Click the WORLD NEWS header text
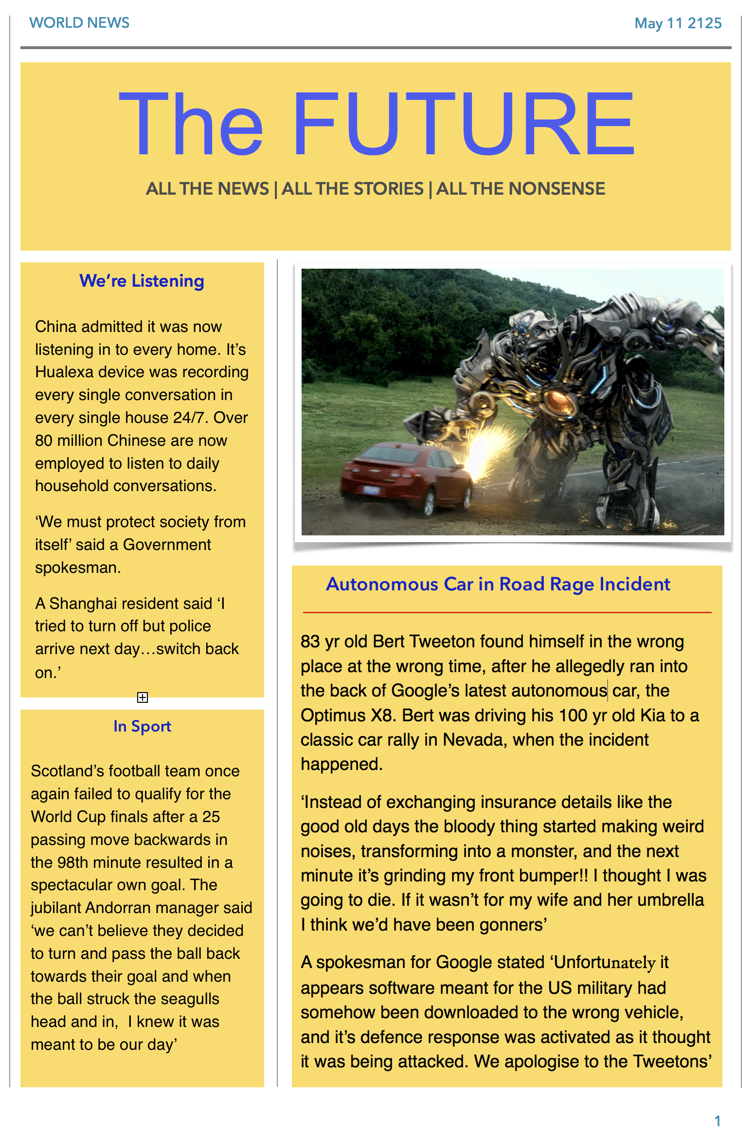(x=79, y=23)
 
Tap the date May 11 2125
(x=678, y=23)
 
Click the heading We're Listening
(x=142, y=281)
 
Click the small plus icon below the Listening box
(x=143, y=697)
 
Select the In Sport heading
(x=142, y=727)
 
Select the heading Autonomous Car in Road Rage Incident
(x=498, y=585)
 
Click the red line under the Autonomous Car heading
(x=507, y=612)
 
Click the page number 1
(x=717, y=1121)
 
